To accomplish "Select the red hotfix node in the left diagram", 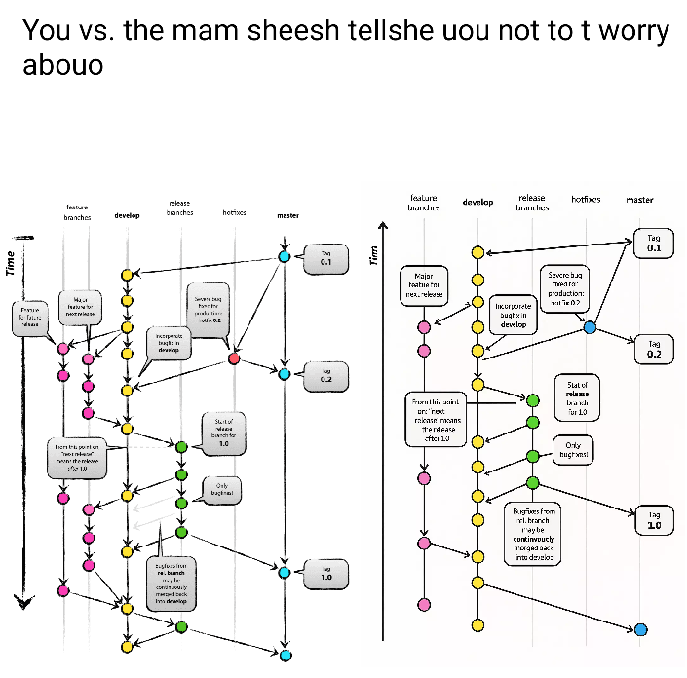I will (x=234, y=359).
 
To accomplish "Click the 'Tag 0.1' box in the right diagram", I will (x=654, y=243).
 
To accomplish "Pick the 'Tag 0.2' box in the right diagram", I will (x=654, y=349).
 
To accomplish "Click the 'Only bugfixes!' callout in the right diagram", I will (x=573, y=450).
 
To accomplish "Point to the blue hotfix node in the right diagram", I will (x=590, y=327).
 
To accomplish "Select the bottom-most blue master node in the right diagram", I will (x=640, y=629).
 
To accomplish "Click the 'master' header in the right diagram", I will (x=639, y=200).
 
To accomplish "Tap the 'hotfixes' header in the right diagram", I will (x=586, y=199).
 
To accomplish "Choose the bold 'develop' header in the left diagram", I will (x=127, y=215).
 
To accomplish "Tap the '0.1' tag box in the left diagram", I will (x=325, y=258).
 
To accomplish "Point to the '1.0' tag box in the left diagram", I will (x=326, y=574).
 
